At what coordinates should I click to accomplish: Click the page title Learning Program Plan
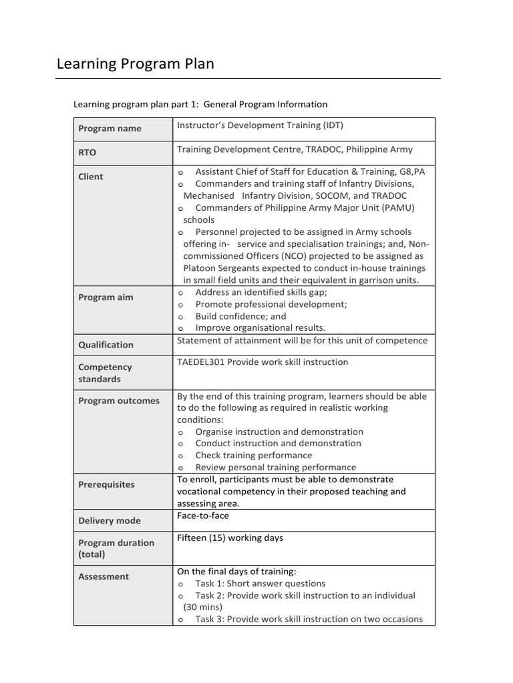[136, 64]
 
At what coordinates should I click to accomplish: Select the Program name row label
[110, 129]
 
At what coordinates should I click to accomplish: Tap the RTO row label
[88, 153]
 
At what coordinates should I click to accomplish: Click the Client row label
[91, 177]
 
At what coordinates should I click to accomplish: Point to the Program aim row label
[106, 297]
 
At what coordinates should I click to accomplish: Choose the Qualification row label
[106, 345]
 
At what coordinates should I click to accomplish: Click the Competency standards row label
[105, 373]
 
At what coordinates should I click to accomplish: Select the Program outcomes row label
[119, 401]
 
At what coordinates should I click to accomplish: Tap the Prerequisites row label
[106, 485]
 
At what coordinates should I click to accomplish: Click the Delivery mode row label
[110, 521]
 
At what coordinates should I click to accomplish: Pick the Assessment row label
[104, 576]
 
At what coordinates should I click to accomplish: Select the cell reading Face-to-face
[202, 516]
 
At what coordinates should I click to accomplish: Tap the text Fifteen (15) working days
[230, 538]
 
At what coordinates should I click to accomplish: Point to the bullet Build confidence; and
[240, 316]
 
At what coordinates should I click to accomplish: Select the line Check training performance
[253, 456]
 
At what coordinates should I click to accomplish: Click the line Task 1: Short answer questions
[260, 584]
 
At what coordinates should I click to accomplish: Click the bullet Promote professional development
[271, 304]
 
